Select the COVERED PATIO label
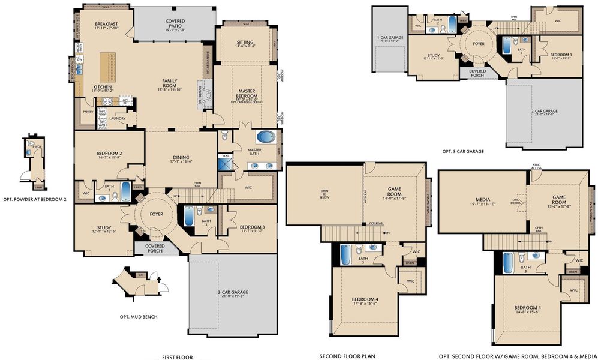(175, 22)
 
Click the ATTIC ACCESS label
(536, 166)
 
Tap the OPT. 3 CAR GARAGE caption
(463, 151)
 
